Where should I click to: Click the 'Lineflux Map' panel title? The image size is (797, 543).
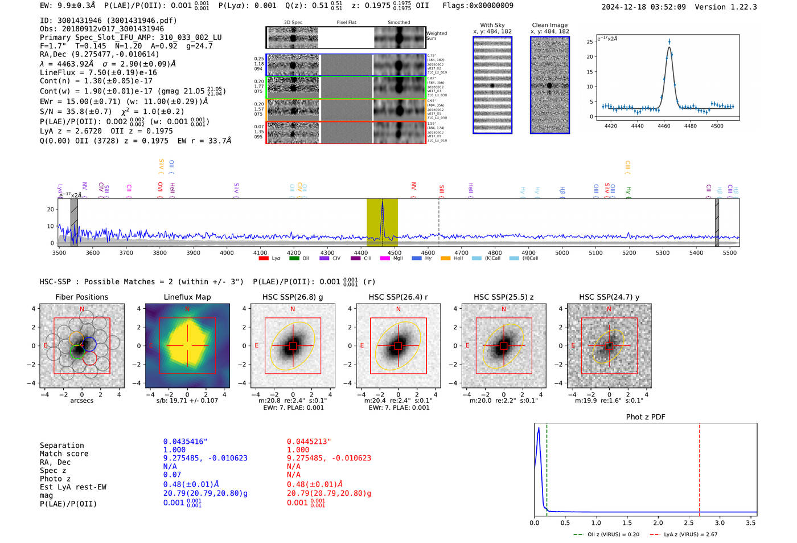[x=187, y=297]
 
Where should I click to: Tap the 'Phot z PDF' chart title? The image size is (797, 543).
[x=646, y=417]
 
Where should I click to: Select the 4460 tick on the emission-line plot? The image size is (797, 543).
[x=664, y=125]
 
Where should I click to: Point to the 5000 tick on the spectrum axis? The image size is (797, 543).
[x=562, y=252]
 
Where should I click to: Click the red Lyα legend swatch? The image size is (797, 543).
[x=264, y=258]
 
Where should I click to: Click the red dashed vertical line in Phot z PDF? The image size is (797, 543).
[x=700, y=467]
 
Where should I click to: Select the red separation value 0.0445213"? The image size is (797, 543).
[x=309, y=442]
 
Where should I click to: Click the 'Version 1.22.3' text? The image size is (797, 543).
[x=734, y=7]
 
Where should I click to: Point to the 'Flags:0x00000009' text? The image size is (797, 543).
[x=478, y=6]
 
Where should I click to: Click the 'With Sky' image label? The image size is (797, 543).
[x=492, y=25]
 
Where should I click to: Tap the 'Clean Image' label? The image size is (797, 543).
[x=550, y=25]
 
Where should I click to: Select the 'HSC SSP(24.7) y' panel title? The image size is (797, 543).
[x=609, y=297]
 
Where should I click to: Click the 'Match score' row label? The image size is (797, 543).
[x=64, y=454]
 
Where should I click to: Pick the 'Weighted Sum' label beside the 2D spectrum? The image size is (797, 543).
[x=437, y=36]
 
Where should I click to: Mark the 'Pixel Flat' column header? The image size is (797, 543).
[x=347, y=22]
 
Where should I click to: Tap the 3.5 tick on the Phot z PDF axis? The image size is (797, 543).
[x=751, y=522]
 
